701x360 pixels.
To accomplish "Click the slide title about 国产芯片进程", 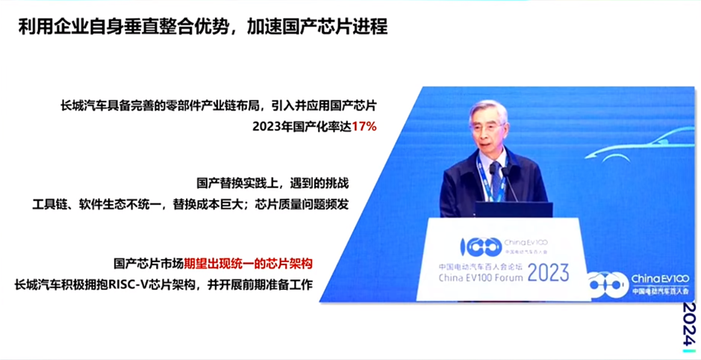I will [x=203, y=28].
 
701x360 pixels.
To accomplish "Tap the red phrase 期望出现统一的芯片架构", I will [x=248, y=264].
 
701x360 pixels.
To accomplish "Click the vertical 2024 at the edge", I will [x=690, y=323].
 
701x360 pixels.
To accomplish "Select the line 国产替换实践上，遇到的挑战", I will [x=273, y=182].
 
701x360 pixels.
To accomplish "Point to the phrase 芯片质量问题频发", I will [x=304, y=203].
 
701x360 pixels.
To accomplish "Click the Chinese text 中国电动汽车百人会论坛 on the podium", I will [x=477, y=265].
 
